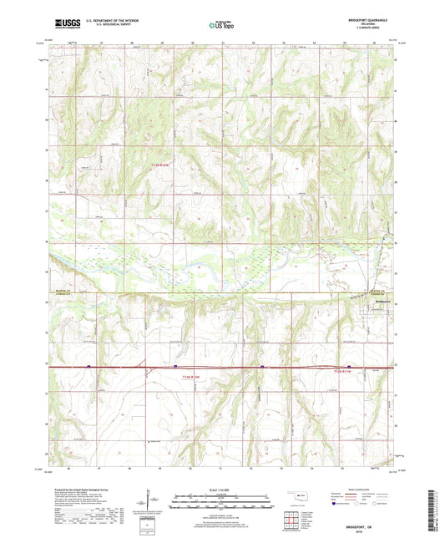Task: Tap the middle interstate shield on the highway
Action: pyautogui.click(x=175, y=366)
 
